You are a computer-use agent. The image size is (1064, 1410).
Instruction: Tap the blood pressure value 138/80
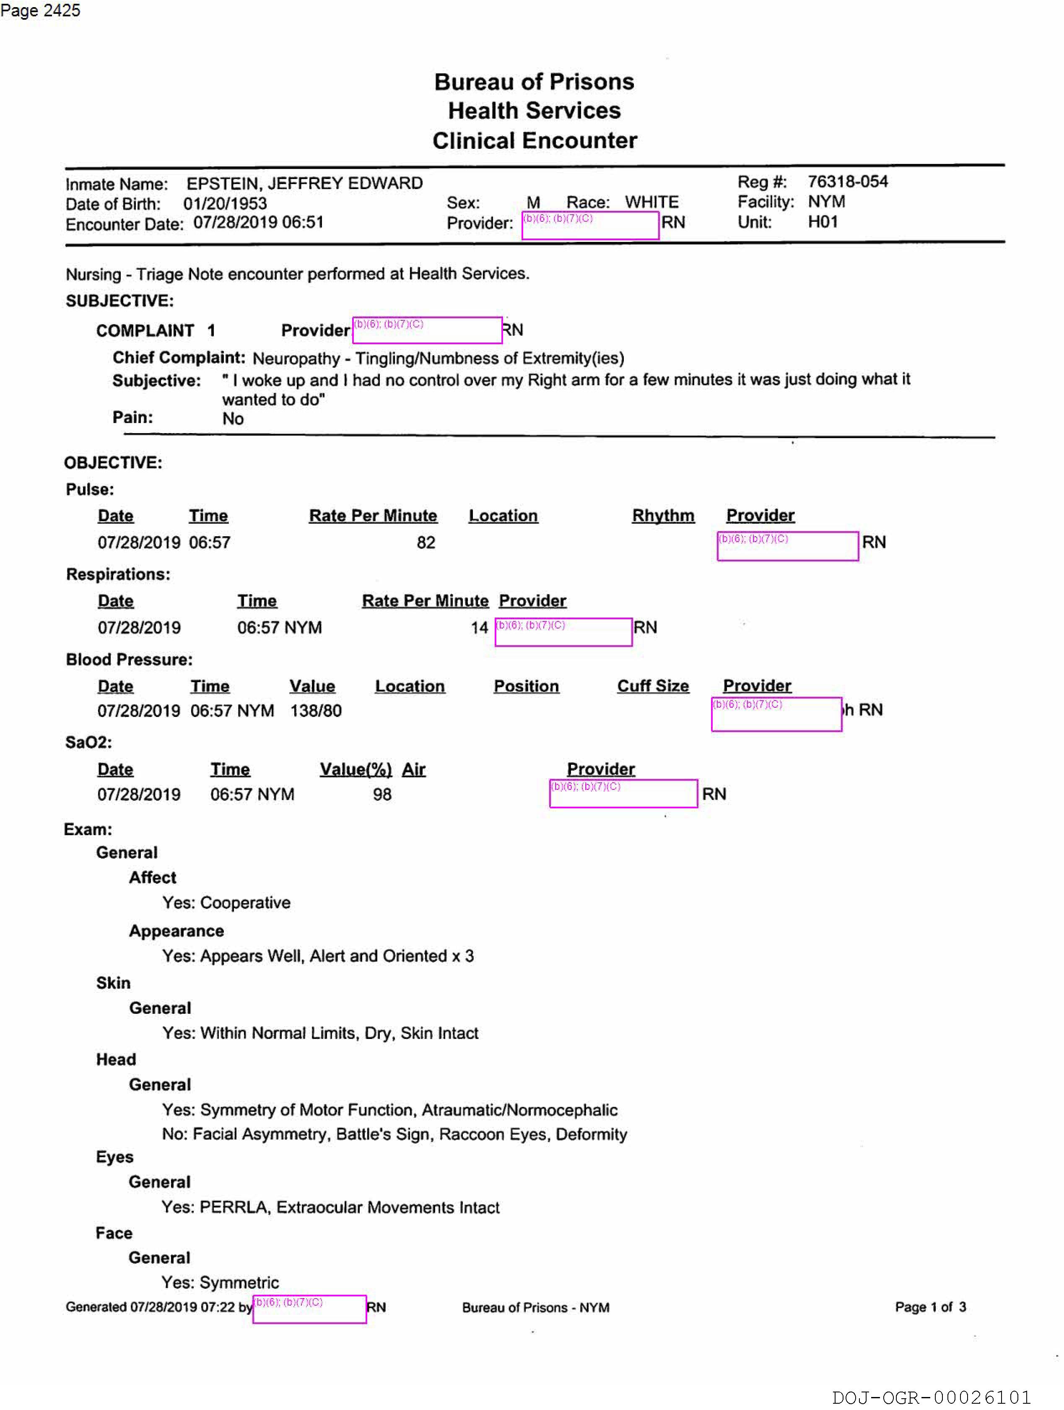pos(316,711)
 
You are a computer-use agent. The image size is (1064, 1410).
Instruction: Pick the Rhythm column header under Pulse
pos(662,516)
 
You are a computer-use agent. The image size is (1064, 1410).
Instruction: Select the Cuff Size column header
pos(652,686)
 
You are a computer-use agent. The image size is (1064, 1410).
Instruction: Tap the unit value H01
pos(823,222)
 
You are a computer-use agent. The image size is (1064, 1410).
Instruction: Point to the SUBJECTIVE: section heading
pos(119,301)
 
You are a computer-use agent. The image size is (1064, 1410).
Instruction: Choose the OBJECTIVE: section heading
pos(113,463)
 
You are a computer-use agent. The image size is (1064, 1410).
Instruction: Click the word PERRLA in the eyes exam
pos(233,1207)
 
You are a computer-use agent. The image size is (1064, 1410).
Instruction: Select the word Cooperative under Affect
pos(245,903)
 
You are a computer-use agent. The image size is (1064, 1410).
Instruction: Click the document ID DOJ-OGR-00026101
pos(931,1397)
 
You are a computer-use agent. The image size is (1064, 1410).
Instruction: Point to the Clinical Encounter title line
pos(534,140)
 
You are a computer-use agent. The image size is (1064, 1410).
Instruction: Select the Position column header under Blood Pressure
pos(526,686)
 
